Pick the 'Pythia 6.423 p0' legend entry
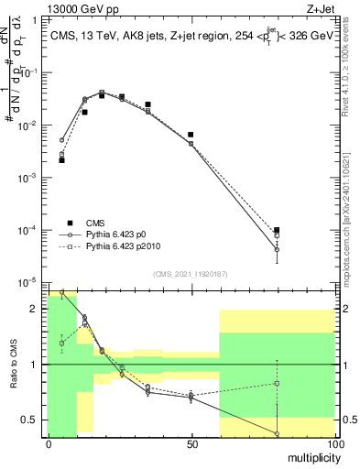click(119, 234)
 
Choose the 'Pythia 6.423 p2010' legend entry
click(125, 247)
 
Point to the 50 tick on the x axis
click(191, 443)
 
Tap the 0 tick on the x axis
click(48, 443)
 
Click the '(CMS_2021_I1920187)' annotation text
click(190, 273)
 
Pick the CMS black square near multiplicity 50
click(191, 135)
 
